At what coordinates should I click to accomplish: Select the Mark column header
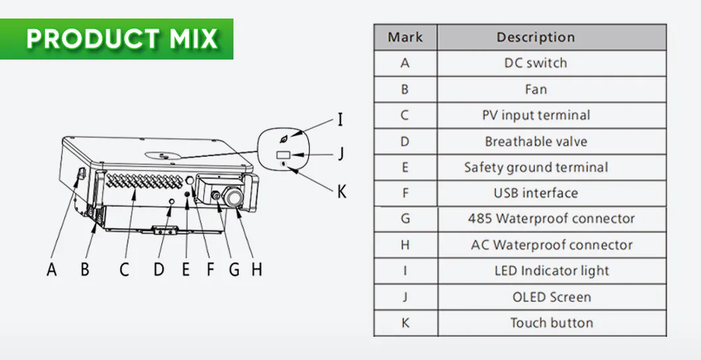(405, 37)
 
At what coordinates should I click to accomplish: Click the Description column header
(536, 37)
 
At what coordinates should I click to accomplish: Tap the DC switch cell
(536, 63)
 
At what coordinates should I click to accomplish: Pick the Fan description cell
(536, 89)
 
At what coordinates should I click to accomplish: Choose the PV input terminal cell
(536, 115)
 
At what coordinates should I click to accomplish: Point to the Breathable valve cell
(536, 142)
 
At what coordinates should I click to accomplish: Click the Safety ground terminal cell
(536, 167)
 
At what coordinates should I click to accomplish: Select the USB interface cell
(536, 193)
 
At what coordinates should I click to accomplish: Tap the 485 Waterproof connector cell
(551, 218)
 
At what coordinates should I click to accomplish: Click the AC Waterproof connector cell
(551, 245)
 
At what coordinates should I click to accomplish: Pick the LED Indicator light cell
(551, 271)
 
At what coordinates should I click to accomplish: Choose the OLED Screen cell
(551, 297)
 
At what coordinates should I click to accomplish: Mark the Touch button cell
(551, 323)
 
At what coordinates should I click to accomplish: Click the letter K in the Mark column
(405, 323)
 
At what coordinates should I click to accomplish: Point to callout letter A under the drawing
(52, 270)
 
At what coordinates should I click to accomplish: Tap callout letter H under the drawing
(257, 270)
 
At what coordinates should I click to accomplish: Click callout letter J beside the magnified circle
(340, 154)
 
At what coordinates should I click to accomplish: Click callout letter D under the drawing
(159, 270)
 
